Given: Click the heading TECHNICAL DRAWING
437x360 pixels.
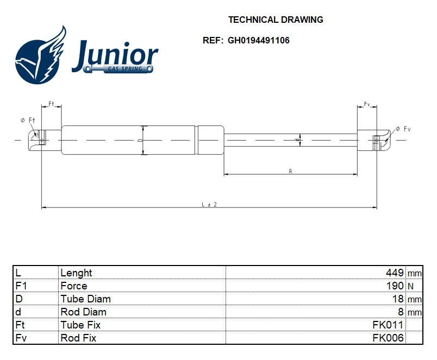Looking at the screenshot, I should (276, 20).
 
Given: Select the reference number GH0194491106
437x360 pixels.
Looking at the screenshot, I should (259, 40).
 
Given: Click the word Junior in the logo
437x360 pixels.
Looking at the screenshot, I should (115, 55).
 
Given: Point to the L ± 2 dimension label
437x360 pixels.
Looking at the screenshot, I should (209, 204).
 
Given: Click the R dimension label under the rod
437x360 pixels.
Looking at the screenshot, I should (291, 172).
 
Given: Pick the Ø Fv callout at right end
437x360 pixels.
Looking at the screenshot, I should (403, 129).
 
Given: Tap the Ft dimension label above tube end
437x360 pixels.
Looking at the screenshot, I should (52, 103).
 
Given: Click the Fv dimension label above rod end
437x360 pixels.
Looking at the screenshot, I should (367, 103).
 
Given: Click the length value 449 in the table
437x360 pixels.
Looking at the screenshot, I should (395, 273).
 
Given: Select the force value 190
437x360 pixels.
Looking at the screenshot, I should (395, 286).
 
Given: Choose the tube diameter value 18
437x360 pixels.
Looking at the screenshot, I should (398, 299).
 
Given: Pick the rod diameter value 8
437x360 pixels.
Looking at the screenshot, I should (401, 312).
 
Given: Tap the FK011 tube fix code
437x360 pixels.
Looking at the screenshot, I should (388, 325).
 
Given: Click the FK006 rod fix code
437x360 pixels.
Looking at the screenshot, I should (388, 338).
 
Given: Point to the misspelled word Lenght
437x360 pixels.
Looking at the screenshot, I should (76, 273).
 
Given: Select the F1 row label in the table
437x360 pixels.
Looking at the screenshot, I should (21, 286).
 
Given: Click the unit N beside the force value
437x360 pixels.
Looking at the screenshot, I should (410, 286).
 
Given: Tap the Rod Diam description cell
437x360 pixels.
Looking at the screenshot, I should (83, 312).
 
